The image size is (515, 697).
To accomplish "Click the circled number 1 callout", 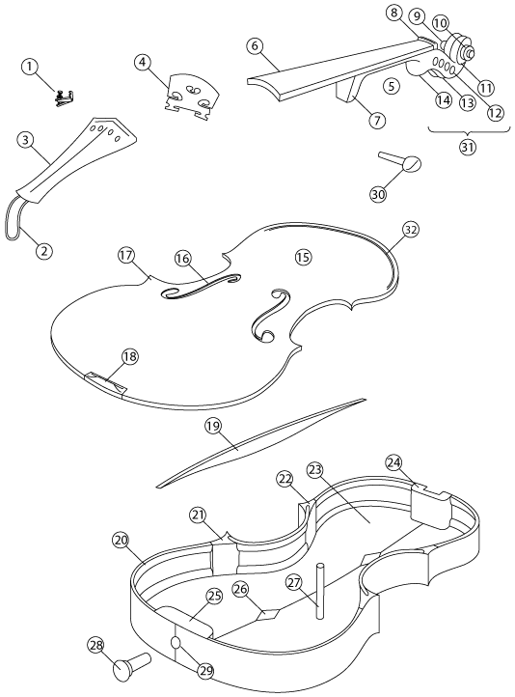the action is tap(30, 68).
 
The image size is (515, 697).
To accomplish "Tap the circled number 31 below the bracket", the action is tap(467, 147).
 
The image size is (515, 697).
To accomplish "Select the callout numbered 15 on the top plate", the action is tap(304, 257).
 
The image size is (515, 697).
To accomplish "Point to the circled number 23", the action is tap(314, 471).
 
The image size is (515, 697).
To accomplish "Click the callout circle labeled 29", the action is tap(204, 671).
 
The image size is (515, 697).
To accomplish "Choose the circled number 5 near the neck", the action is tap(392, 85).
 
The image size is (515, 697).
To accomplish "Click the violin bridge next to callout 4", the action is tap(191, 98).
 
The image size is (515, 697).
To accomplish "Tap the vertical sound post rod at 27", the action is tap(320, 590).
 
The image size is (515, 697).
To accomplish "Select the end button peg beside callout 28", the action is tap(132, 663).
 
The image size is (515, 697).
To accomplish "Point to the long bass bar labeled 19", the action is tap(262, 441).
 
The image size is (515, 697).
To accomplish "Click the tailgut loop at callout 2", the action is tap(14, 220).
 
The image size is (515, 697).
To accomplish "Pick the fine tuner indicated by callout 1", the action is tap(65, 98).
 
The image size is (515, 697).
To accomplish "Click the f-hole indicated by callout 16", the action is tap(203, 286).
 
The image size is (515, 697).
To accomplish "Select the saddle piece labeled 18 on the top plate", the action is tap(105, 382).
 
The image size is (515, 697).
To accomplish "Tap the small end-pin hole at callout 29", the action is tap(176, 642).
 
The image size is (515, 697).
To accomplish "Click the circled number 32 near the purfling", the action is tap(411, 230).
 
